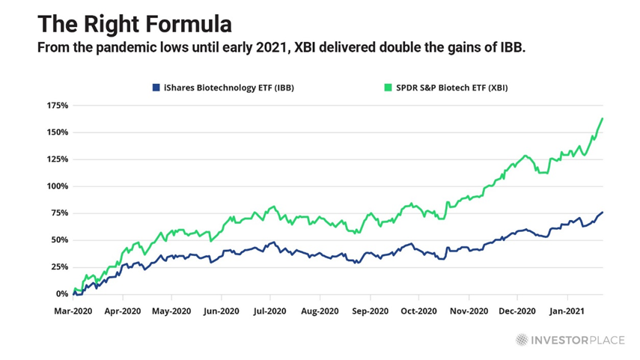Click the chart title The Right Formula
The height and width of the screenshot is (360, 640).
click(135, 24)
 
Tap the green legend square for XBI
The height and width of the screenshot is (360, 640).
click(388, 88)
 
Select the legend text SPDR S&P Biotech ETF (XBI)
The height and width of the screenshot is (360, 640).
click(453, 88)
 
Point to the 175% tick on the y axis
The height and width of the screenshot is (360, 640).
click(56, 106)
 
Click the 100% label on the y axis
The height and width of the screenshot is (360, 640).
click(56, 186)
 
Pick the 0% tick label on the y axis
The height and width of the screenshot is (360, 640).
click(61, 294)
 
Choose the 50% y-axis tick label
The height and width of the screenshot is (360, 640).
click(58, 240)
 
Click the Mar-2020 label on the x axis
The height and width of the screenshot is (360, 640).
click(73, 310)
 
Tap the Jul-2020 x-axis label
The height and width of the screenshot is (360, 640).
click(270, 310)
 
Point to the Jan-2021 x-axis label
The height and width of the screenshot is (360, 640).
click(567, 310)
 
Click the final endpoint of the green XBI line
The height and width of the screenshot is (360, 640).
click(603, 118)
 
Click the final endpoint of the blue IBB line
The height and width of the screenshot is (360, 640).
click(603, 213)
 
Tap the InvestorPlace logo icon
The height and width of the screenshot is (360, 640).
click(522, 340)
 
